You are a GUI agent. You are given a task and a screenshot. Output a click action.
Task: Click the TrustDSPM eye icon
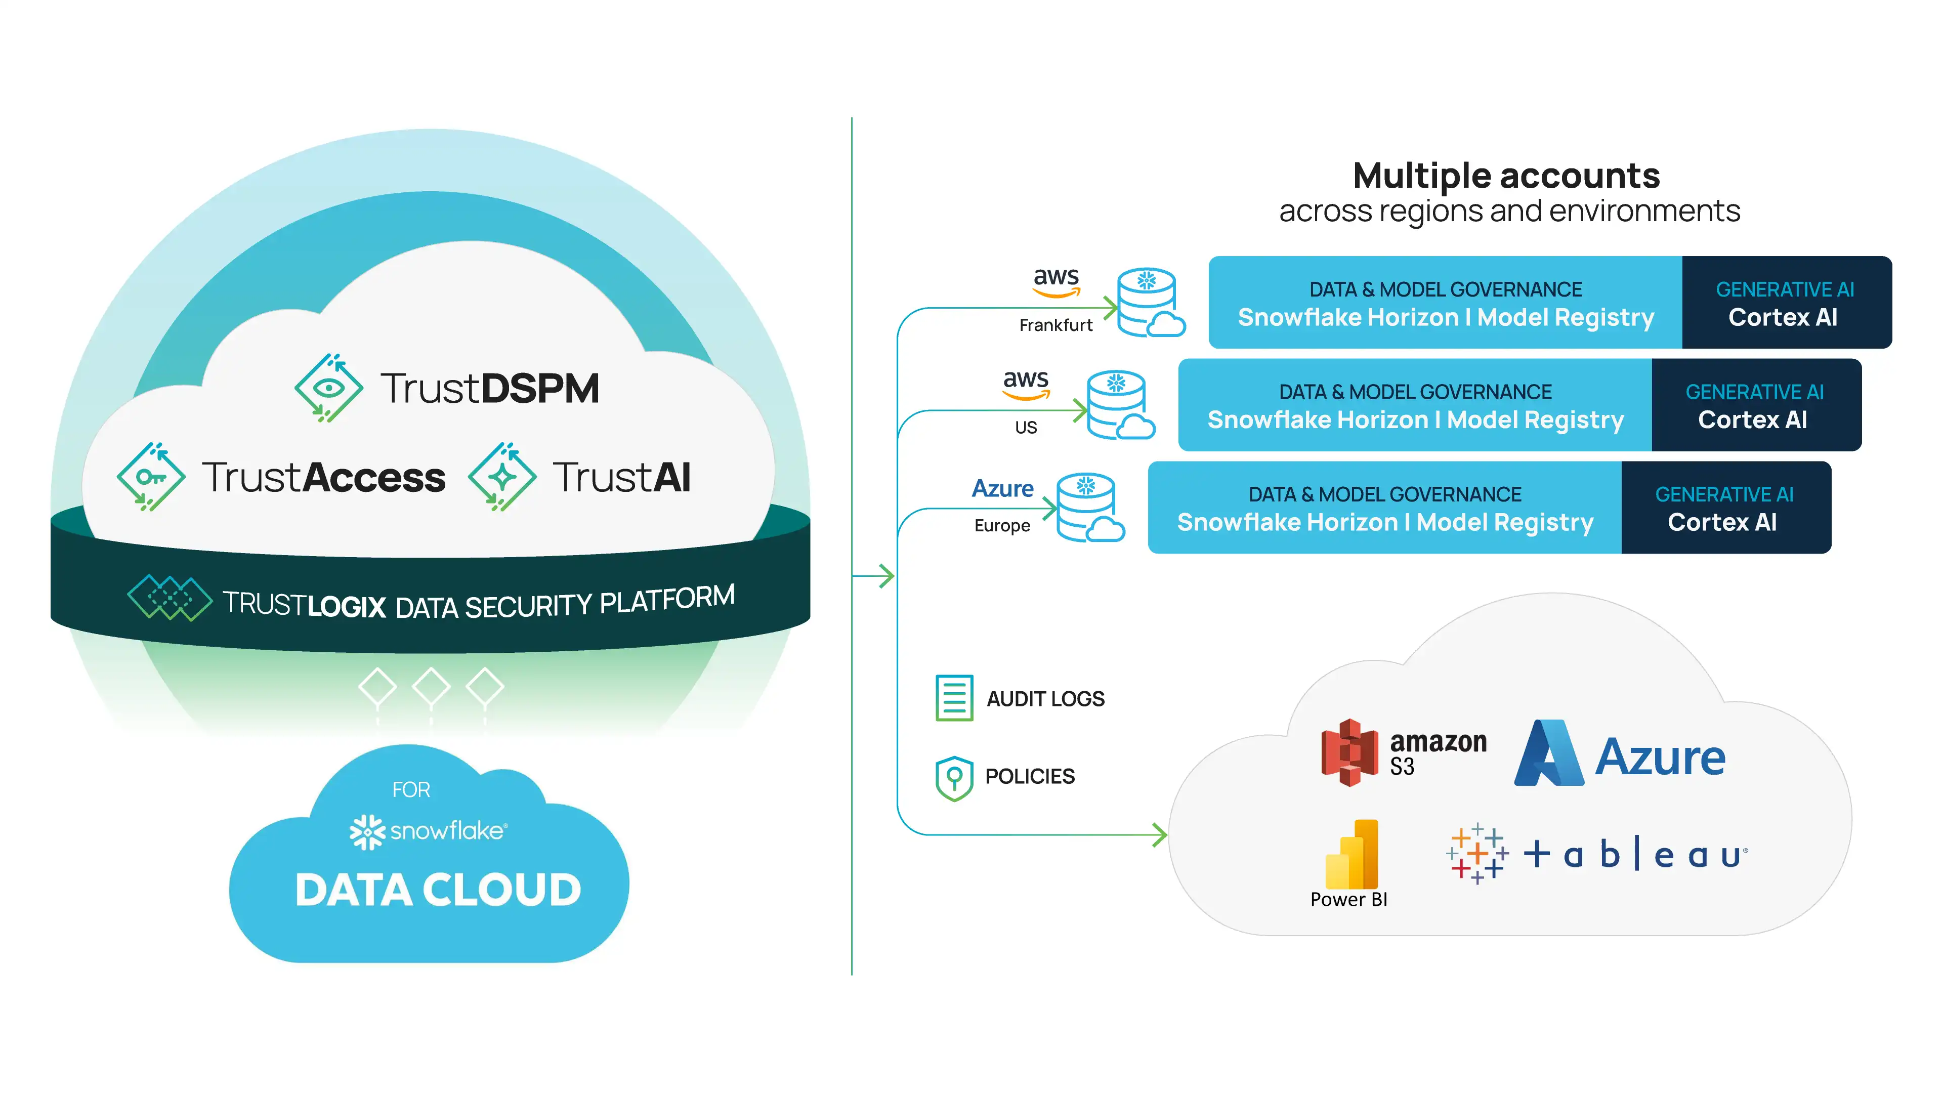click(328, 388)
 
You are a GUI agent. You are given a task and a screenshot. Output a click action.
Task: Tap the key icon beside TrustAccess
click(151, 477)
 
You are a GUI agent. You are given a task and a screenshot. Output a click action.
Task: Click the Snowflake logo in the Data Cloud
click(367, 831)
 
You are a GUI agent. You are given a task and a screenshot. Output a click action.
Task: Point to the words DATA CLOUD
click(438, 890)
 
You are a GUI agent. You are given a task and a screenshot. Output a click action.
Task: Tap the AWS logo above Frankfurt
click(1056, 281)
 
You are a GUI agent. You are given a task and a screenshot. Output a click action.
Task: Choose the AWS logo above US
click(1026, 383)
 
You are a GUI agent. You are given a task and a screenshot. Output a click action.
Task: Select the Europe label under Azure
click(1002, 526)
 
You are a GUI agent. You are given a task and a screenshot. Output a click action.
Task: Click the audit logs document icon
click(954, 698)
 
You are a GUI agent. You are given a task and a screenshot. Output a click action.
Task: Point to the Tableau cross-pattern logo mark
click(1477, 854)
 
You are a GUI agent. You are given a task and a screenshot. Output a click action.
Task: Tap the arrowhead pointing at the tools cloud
click(1160, 835)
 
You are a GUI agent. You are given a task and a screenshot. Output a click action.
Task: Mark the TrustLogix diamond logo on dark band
click(170, 598)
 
